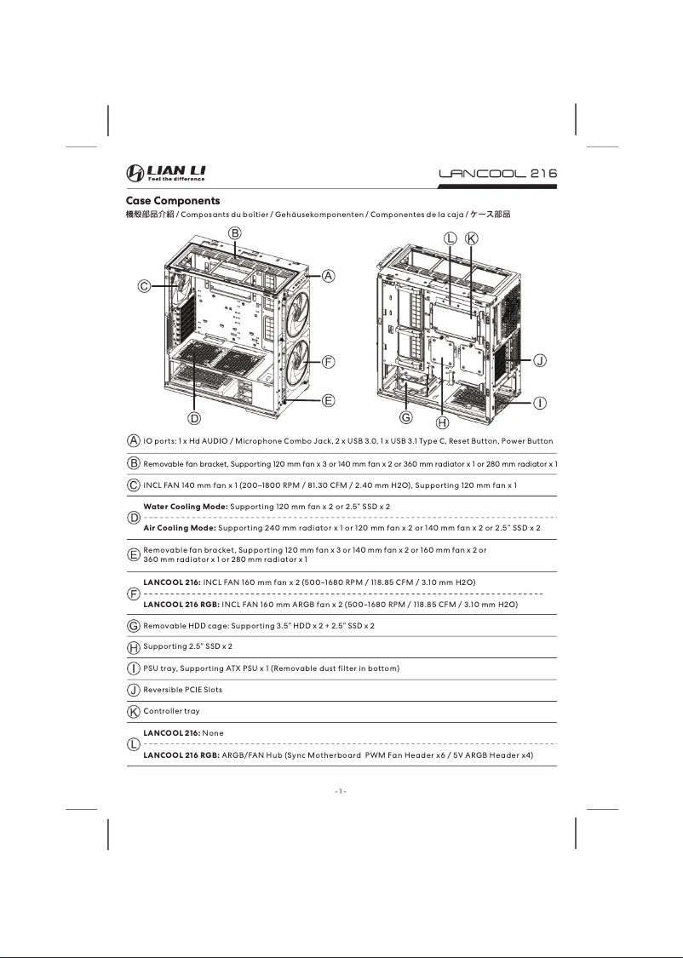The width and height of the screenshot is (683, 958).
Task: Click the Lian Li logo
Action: pyautogui.click(x=166, y=174)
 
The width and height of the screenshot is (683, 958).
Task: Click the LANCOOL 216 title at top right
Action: pyautogui.click(x=497, y=174)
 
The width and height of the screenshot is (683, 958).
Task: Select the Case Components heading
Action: pyautogui.click(x=162, y=201)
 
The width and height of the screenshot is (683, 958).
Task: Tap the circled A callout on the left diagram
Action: pyautogui.click(x=328, y=275)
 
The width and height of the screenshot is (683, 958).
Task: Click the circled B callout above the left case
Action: pyautogui.click(x=233, y=233)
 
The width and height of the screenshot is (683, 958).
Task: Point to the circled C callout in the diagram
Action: pyautogui.click(x=146, y=287)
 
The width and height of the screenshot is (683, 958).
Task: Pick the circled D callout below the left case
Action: pyautogui.click(x=194, y=417)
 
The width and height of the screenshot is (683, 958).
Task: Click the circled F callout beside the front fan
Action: pyautogui.click(x=328, y=361)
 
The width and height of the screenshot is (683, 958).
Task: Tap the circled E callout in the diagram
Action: pyautogui.click(x=328, y=399)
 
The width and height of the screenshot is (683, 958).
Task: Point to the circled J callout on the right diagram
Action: pyautogui.click(x=540, y=361)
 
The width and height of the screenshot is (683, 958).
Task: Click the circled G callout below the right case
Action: pyautogui.click(x=406, y=417)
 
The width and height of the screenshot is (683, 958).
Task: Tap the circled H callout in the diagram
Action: pyautogui.click(x=442, y=422)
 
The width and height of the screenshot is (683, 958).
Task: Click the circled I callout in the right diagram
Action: pyautogui.click(x=540, y=402)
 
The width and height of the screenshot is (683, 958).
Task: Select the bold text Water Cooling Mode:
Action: pyautogui.click(x=185, y=507)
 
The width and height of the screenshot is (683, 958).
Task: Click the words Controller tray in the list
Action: pyautogui.click(x=171, y=710)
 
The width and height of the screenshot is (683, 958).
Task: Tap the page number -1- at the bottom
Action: pyautogui.click(x=341, y=791)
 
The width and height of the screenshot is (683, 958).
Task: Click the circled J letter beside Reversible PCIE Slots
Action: pyautogui.click(x=134, y=690)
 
